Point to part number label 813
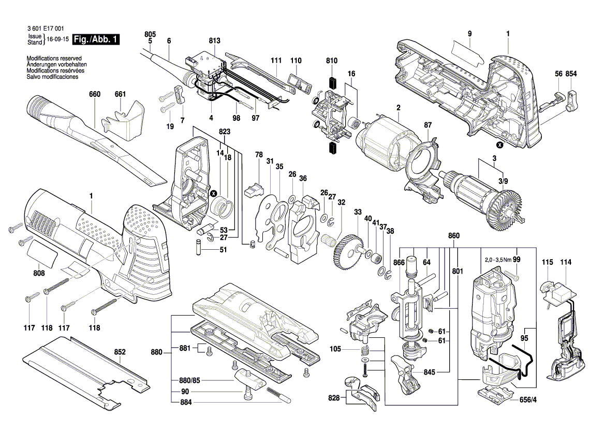coord(214,41)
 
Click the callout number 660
coord(95,94)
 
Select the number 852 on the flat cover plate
coord(120,352)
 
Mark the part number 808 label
coord(39,274)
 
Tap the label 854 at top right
coord(571,74)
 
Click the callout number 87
coord(427,125)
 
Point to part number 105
coord(335,349)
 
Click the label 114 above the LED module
coord(566,263)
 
